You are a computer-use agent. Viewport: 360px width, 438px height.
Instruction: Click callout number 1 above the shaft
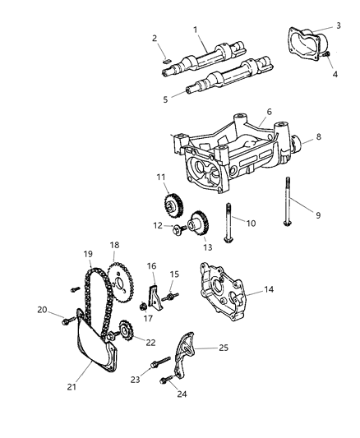195,30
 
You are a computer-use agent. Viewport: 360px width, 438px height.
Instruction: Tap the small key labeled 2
165,60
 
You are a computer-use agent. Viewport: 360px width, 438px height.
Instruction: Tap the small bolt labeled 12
176,228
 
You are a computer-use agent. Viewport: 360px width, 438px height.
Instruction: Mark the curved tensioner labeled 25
191,348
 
